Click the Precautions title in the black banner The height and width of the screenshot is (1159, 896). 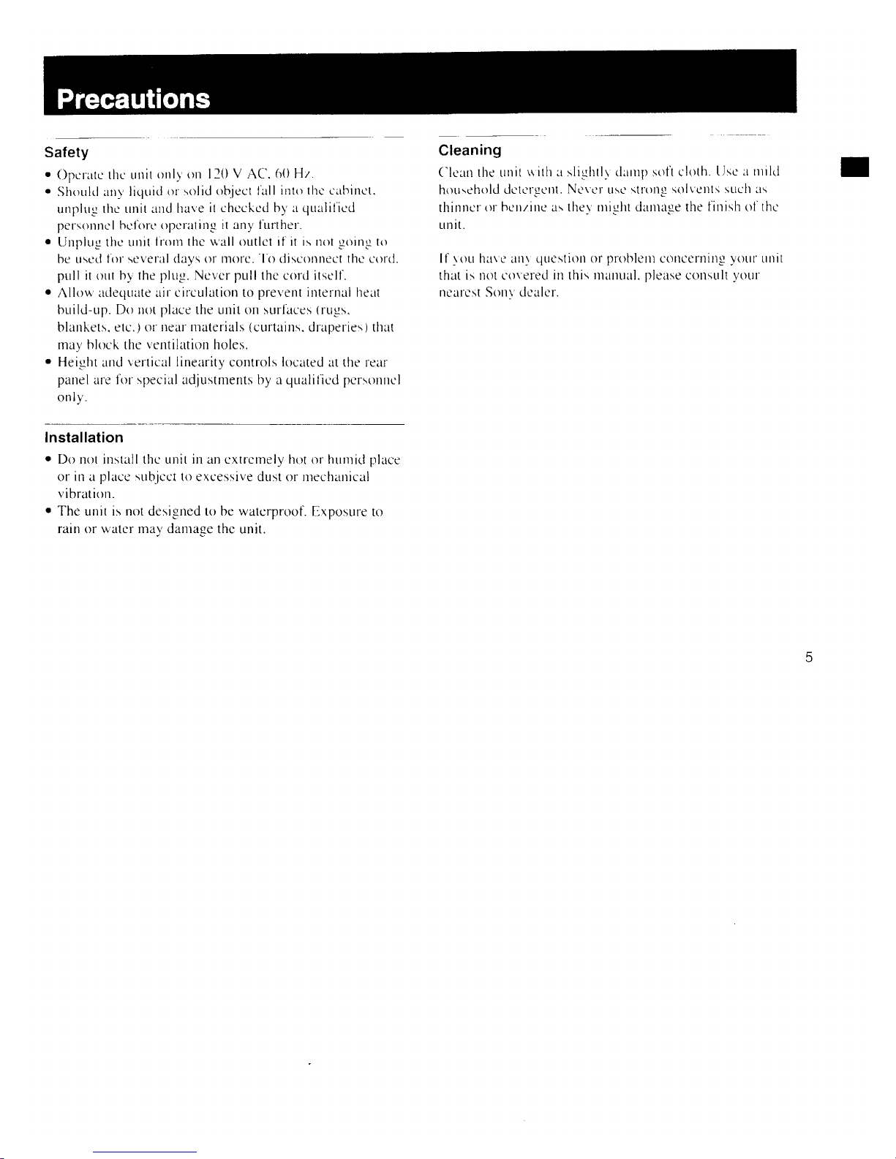tap(133, 99)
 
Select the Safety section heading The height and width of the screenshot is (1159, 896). tap(66, 153)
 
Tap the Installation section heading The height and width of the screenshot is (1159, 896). tap(84, 438)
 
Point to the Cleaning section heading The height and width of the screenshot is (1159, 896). tap(470, 151)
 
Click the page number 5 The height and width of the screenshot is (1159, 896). tap(808, 657)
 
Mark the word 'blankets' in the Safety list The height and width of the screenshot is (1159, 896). tap(79, 328)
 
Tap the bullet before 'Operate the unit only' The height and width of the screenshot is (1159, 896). tap(48, 175)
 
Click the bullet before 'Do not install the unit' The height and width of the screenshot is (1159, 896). tap(48, 461)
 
